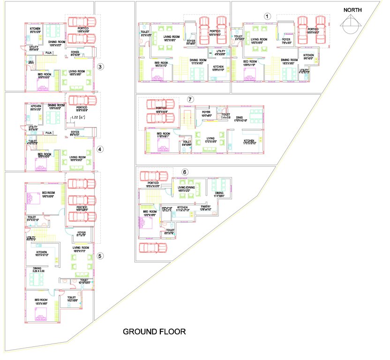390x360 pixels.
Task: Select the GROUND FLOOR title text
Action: tap(154, 331)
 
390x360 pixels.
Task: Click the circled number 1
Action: tap(267, 15)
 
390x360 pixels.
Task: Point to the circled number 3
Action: tap(100, 67)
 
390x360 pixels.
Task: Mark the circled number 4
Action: tap(99, 150)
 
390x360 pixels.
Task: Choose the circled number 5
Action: tap(100, 256)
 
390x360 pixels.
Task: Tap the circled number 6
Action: tap(185, 172)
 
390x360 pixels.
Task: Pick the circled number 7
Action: tap(190, 100)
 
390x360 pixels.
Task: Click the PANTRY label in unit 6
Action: tap(205, 207)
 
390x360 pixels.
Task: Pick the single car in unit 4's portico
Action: tap(82, 101)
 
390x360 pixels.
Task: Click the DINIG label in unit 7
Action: tap(240, 119)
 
